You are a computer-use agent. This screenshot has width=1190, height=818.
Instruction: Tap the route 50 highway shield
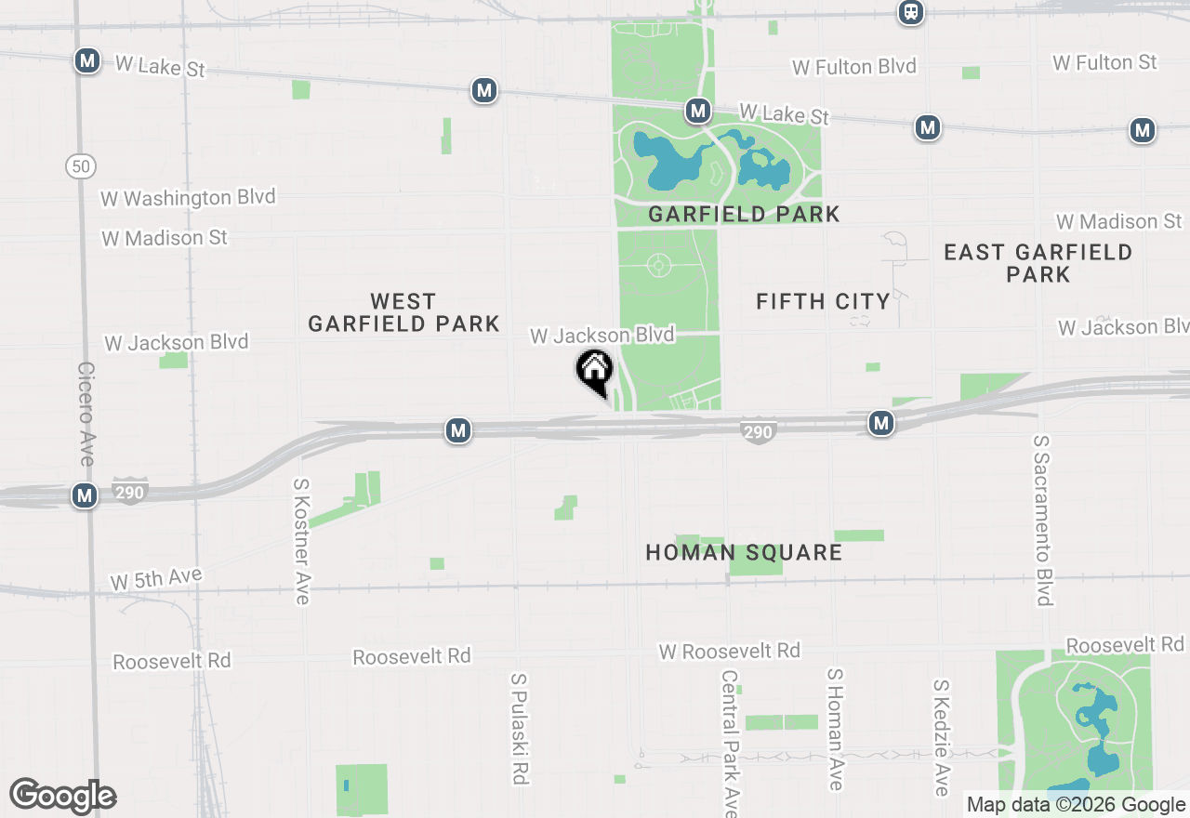82,167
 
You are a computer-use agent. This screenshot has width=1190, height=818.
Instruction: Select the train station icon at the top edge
911,12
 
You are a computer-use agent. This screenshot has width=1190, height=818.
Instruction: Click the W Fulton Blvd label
854,67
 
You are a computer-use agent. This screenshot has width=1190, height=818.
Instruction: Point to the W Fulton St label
1104,62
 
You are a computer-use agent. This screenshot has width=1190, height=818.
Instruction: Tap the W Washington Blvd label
188,198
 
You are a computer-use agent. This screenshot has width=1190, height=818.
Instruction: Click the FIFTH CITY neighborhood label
823,301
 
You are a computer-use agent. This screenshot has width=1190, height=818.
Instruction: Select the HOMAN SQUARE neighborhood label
744,553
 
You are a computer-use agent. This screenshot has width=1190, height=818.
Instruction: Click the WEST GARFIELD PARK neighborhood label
403,312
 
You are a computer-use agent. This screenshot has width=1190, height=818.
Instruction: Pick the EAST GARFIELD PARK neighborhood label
1038,263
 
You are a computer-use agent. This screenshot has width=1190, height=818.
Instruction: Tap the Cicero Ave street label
86,415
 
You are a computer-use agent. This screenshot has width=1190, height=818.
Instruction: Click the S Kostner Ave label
301,541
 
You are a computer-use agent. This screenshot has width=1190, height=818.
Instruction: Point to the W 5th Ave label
156,579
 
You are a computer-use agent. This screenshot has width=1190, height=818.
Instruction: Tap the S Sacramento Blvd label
1043,520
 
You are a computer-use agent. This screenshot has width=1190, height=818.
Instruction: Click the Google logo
62,797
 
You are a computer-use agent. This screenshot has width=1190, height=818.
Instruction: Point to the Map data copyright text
1076,805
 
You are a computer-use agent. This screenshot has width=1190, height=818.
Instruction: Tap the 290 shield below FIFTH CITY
759,431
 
